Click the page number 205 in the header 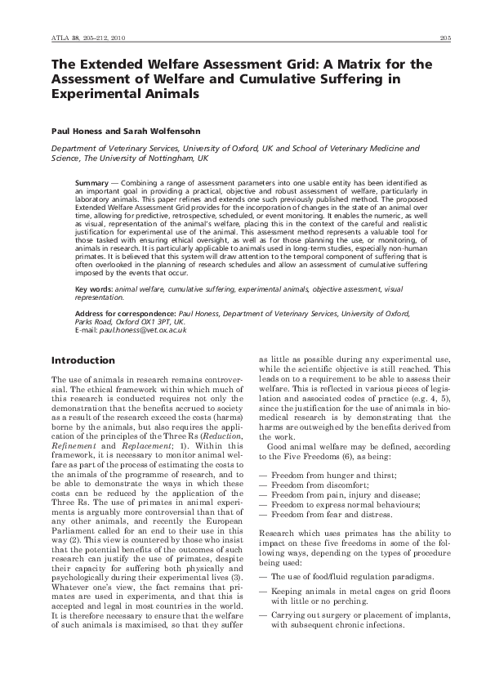click(446, 38)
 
